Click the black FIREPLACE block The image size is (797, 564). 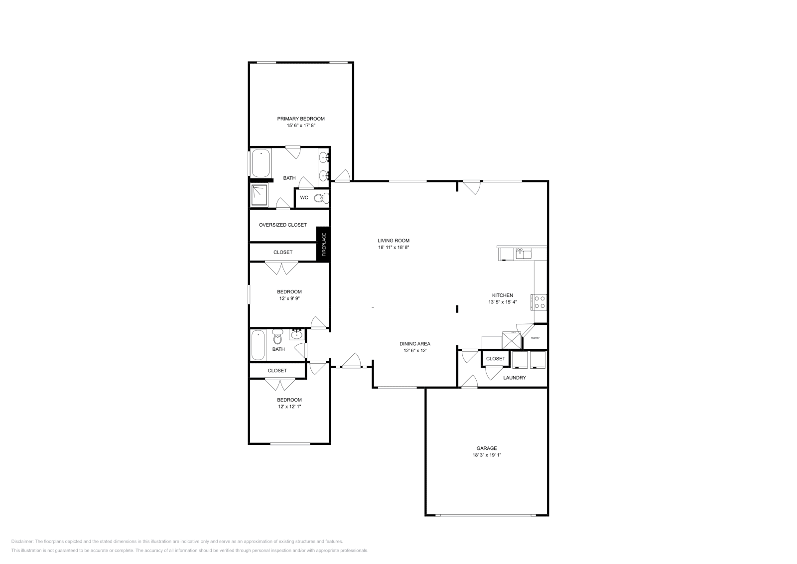point(323,244)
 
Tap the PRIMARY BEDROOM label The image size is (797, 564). point(301,119)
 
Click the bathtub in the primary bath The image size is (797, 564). point(261,163)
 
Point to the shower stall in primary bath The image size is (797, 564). point(259,195)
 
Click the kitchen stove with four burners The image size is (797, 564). point(540,302)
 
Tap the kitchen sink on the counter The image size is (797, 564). point(523,254)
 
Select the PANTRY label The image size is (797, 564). point(535,338)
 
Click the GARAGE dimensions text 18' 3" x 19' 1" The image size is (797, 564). point(487,455)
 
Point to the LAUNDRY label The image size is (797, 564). point(515,378)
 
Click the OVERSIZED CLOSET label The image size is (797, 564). point(282,225)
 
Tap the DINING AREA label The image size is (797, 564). point(414,344)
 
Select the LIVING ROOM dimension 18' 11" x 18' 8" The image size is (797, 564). point(394,247)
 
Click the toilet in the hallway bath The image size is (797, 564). point(277,339)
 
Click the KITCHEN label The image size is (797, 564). point(502,295)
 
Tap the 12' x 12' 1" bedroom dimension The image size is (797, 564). point(289,407)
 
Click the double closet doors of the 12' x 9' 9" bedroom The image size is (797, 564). point(281,269)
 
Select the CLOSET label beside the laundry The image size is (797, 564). point(495,359)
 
